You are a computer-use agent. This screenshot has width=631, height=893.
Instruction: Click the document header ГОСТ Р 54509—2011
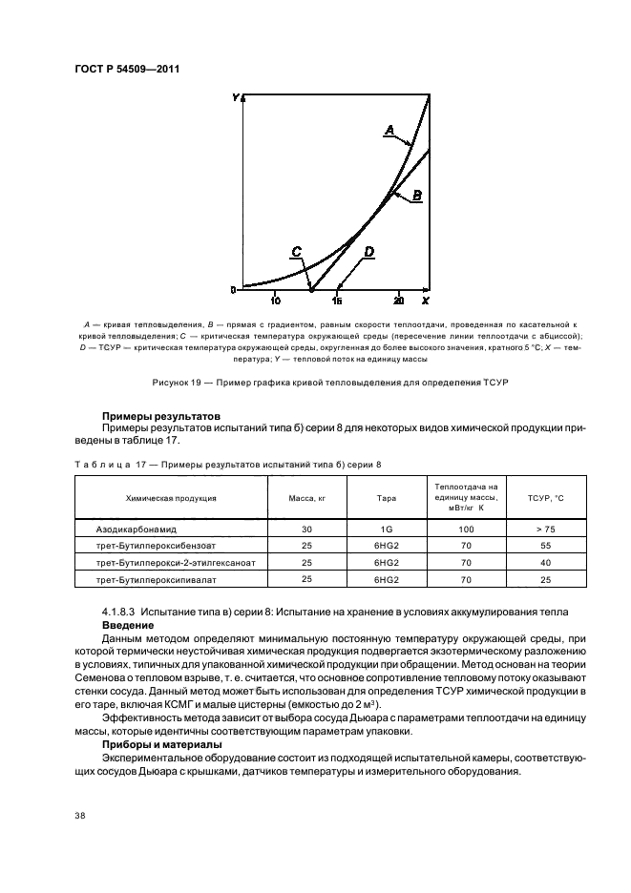(x=127, y=69)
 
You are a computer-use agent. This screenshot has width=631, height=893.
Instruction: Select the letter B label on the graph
(x=417, y=194)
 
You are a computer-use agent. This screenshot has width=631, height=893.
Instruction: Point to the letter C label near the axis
(x=298, y=251)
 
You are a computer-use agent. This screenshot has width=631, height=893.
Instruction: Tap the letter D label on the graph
(x=368, y=251)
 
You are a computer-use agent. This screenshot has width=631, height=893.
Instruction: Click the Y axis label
(x=236, y=97)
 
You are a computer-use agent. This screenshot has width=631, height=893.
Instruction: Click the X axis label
(x=425, y=301)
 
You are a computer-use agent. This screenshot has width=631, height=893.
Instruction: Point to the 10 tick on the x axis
(x=275, y=301)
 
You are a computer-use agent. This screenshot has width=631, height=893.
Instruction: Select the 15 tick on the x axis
(x=337, y=301)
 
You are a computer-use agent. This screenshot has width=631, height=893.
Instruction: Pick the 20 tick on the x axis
(x=399, y=301)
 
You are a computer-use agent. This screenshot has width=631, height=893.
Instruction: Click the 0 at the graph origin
(x=233, y=289)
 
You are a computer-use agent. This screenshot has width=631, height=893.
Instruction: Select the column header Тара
(x=386, y=498)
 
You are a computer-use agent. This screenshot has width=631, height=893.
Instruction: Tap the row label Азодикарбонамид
(x=131, y=528)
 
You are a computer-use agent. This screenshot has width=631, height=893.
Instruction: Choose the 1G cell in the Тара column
(x=386, y=528)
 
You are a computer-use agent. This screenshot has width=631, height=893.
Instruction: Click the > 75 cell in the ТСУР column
(x=547, y=528)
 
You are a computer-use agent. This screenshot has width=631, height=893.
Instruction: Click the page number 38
(x=79, y=815)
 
